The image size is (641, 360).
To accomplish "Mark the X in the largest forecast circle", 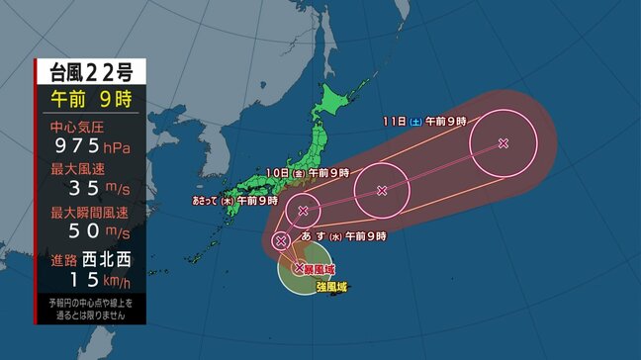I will [504, 143].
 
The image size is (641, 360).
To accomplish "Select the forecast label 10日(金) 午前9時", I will [309, 173].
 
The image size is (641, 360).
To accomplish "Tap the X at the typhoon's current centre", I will [300, 267].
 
